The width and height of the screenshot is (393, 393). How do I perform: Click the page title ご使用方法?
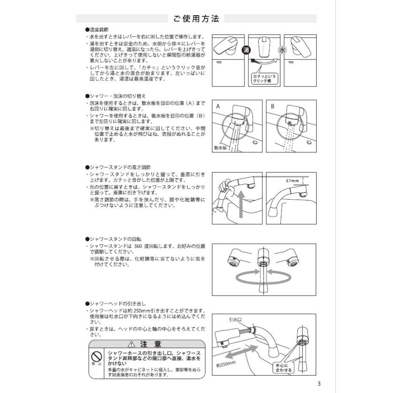point(196,19)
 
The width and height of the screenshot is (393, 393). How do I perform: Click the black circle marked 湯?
point(245,50)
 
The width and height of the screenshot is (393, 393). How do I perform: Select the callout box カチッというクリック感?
point(265,78)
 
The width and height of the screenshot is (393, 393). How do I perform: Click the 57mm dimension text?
point(292,180)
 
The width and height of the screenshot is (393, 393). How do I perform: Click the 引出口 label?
point(235,320)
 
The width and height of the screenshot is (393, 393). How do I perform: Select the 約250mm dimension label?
point(226,362)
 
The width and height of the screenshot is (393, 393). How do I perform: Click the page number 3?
point(319,384)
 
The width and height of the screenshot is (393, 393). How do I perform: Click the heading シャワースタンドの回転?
point(114,240)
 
